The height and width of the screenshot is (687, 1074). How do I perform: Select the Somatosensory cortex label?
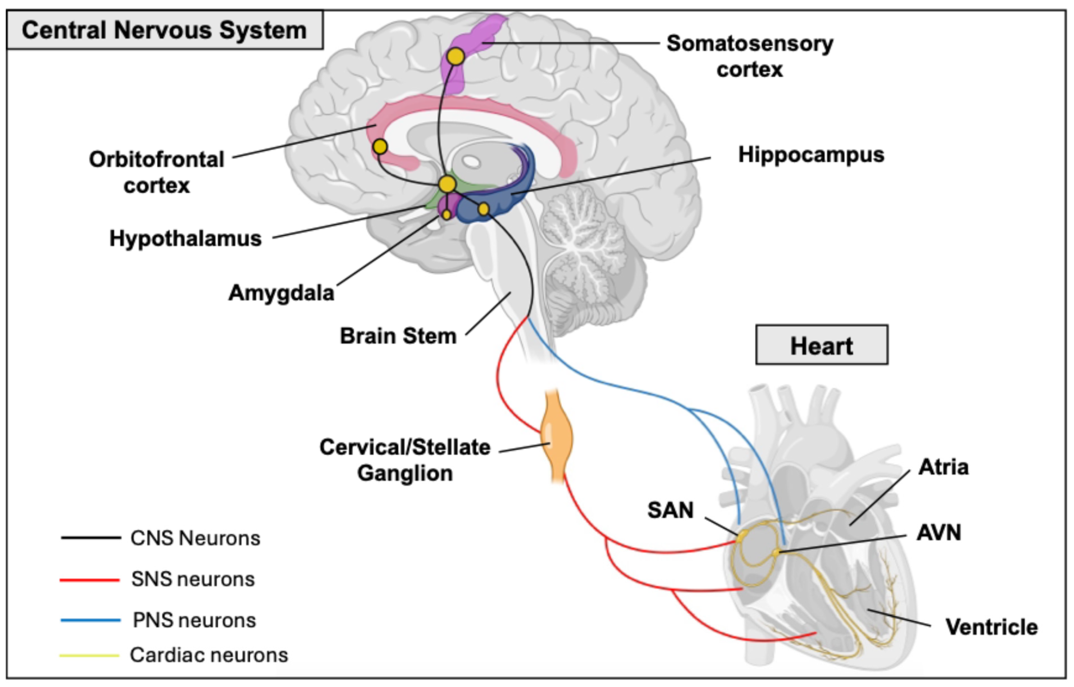(x=749, y=56)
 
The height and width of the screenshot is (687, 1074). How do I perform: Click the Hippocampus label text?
(x=811, y=155)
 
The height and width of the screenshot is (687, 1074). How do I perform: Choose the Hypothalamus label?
(x=185, y=238)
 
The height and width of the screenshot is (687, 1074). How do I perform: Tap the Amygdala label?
(x=281, y=293)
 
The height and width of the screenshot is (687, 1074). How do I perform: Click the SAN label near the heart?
(x=670, y=510)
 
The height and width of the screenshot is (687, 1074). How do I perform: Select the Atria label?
(x=943, y=467)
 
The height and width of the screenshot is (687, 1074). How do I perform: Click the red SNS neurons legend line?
(x=90, y=580)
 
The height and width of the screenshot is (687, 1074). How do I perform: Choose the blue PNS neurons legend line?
(x=91, y=620)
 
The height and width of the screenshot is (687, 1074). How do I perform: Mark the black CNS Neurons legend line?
(x=91, y=537)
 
